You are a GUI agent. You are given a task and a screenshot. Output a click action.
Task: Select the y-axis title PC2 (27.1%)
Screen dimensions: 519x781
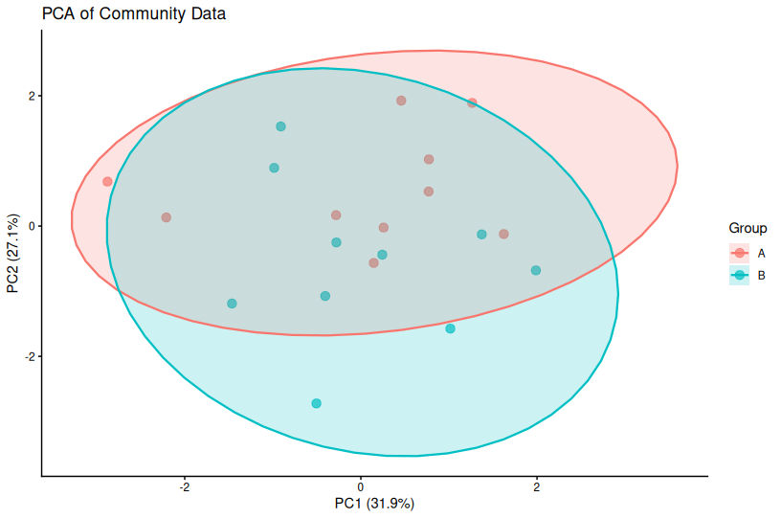(13, 253)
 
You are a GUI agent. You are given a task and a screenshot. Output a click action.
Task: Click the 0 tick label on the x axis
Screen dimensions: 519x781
(361, 486)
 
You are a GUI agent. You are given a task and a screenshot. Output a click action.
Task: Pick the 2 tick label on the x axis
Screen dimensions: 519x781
(536, 486)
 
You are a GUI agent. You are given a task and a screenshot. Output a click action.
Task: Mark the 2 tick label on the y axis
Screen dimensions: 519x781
(32, 97)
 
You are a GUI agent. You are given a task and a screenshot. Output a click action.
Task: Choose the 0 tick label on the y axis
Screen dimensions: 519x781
(32, 226)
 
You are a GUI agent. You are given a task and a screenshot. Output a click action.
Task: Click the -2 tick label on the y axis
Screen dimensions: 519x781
(30, 356)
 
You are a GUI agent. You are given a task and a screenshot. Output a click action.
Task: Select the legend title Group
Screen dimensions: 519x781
(748, 229)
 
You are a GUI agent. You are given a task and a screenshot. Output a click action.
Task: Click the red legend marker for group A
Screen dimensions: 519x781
(739, 253)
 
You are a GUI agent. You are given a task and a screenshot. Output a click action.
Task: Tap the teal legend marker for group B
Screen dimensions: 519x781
(739, 276)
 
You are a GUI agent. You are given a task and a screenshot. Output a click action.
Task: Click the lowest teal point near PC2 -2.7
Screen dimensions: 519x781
(316, 403)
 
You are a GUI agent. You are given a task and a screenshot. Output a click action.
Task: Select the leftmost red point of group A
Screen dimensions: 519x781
(107, 181)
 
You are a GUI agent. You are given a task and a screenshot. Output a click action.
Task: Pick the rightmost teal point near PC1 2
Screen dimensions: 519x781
(536, 270)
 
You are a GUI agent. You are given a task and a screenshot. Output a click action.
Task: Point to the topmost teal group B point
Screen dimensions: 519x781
(280, 126)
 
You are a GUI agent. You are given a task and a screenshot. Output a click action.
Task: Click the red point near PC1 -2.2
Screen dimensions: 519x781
(167, 217)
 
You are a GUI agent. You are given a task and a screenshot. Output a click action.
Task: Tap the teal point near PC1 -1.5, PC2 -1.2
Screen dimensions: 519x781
(232, 304)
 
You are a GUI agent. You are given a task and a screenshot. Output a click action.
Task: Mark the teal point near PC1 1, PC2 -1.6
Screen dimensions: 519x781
(450, 328)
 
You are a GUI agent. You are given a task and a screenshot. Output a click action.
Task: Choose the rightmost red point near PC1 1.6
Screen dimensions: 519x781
(503, 234)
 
